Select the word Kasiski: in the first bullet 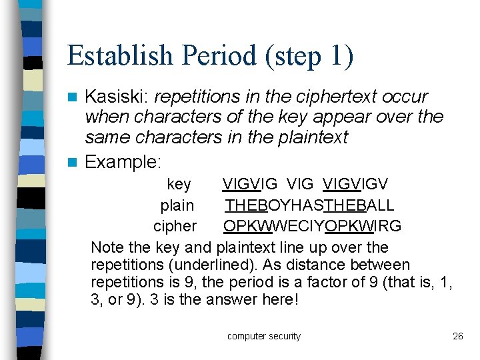tap(117, 97)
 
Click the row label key tap(179, 184)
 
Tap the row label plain tap(177, 205)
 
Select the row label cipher tap(175, 226)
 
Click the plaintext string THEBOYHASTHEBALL tap(309, 205)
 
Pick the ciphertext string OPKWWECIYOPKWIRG tap(312, 226)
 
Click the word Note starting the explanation tap(107, 247)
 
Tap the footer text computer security tap(264, 336)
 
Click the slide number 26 tap(457, 336)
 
